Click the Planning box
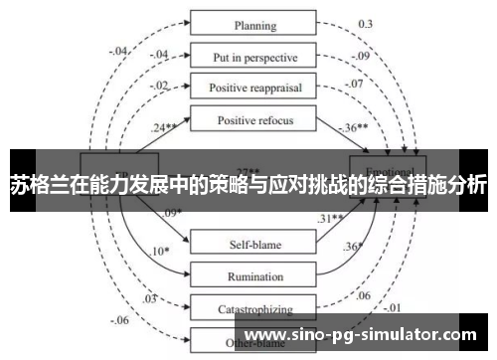254,24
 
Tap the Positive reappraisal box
254,88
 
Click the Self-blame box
254,242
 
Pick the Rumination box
254,274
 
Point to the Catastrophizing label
254,309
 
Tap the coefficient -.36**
354,129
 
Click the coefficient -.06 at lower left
120,320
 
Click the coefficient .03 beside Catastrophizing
150,298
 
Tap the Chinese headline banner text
248,183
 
